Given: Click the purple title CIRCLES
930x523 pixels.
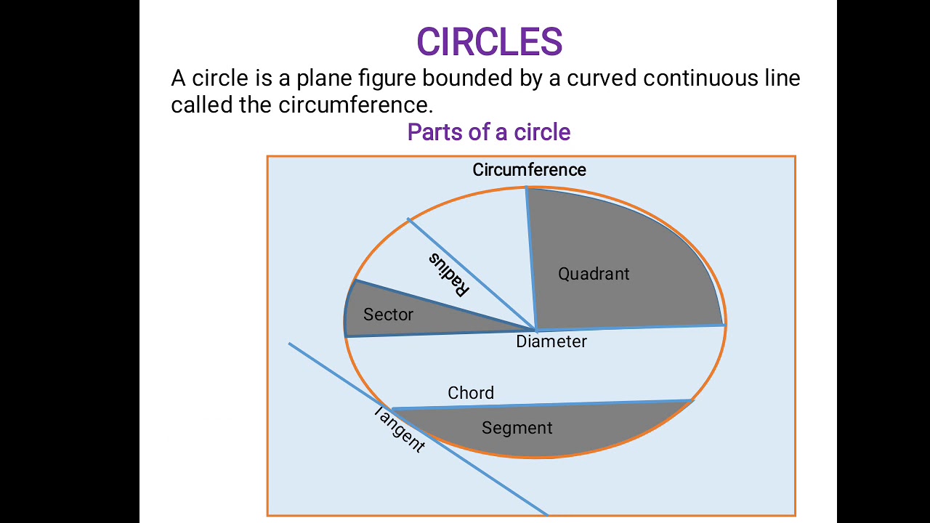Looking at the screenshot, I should pos(489,42).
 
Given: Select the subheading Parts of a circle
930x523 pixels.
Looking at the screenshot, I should pos(489,132).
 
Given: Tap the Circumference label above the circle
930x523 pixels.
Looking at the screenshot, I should pos(529,170).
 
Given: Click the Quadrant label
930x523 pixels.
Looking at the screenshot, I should pos(594,274).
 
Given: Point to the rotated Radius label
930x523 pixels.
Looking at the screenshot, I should pos(448,275).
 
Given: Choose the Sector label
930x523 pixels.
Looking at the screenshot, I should pos(388,315).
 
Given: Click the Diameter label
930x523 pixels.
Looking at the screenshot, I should pos(551,341).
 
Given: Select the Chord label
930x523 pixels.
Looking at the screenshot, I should pos(471,393).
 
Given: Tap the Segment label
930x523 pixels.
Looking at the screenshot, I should pos(517,428).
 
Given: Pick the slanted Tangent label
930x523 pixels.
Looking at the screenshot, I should pos(399,429).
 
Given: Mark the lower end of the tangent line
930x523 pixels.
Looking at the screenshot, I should pos(546,514).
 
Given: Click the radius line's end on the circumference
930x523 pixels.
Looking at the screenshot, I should pos(408,219).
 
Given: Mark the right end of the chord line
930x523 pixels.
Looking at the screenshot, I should pos(691,400).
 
